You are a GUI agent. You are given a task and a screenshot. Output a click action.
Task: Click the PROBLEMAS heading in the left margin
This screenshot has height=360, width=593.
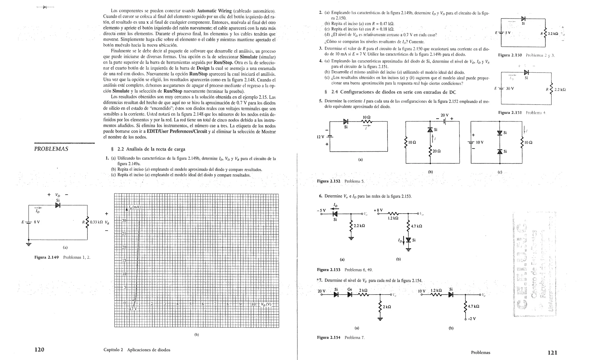(51, 149)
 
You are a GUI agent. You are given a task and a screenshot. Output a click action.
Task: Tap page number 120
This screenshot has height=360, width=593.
(39, 350)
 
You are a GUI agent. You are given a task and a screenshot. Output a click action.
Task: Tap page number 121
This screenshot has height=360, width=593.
(552, 352)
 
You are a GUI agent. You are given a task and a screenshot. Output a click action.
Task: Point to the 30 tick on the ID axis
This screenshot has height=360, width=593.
(124, 221)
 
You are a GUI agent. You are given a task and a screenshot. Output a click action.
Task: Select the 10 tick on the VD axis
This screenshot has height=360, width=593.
(253, 304)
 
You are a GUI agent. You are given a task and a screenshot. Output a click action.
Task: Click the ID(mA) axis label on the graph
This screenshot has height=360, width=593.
(135, 207)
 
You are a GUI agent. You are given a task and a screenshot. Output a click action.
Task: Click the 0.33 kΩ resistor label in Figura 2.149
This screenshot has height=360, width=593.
(96, 223)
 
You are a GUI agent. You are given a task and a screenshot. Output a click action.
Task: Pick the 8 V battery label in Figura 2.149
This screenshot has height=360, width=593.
(37, 222)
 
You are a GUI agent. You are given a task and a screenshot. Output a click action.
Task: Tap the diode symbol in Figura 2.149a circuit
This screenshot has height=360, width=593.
(58, 205)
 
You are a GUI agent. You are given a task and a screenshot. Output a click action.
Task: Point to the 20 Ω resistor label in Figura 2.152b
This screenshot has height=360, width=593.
(436, 151)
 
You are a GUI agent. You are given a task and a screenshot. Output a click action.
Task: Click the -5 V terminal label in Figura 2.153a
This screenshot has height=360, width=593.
(321, 210)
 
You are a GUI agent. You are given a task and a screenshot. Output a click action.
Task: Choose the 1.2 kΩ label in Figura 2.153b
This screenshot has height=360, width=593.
(393, 218)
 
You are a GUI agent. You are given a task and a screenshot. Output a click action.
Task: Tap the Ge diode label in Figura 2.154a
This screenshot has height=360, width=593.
(349, 289)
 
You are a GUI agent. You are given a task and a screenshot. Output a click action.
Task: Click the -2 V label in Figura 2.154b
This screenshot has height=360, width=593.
(472, 319)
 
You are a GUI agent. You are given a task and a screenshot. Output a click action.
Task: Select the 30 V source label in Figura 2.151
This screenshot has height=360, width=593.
(510, 88)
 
